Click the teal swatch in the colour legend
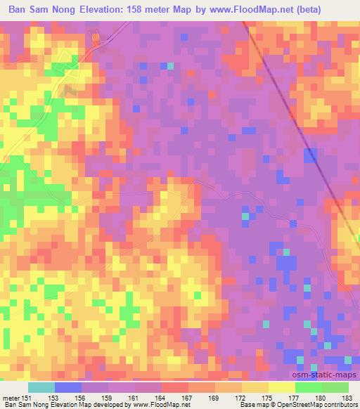(x=41, y=387)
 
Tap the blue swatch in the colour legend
(x=67, y=387)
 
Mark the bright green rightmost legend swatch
(x=335, y=387)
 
